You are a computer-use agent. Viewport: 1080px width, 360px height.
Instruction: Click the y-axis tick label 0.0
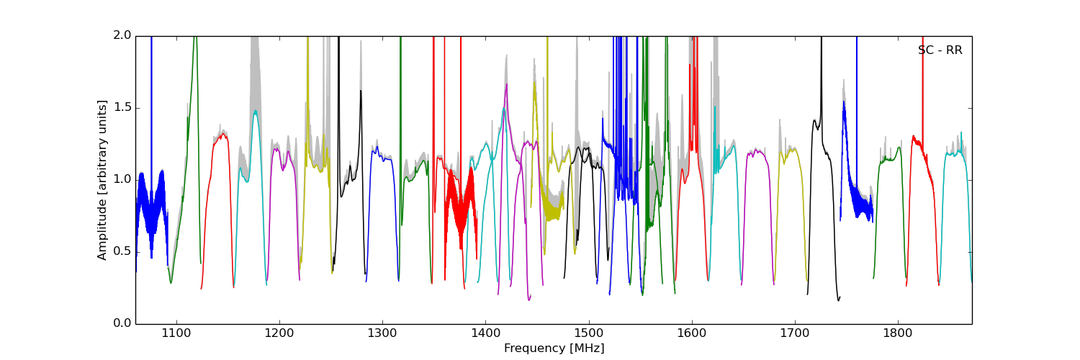pyautogui.click(x=122, y=323)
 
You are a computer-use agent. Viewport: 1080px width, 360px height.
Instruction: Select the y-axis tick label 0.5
pyautogui.click(x=122, y=251)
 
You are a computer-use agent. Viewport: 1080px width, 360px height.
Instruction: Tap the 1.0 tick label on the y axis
pyautogui.click(x=122, y=179)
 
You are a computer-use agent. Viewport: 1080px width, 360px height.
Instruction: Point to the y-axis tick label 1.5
pyautogui.click(x=122, y=107)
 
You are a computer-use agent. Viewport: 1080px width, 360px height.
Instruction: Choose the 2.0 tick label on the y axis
pyautogui.click(x=122, y=35)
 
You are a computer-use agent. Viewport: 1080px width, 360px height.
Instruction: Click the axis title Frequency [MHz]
pyautogui.click(x=554, y=348)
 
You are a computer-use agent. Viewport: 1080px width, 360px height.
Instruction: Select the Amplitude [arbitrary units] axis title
pyautogui.click(x=102, y=180)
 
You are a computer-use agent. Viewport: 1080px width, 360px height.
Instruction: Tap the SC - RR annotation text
pyautogui.click(x=940, y=50)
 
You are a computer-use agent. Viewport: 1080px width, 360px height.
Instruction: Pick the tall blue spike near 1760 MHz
pyautogui.click(x=857, y=108)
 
